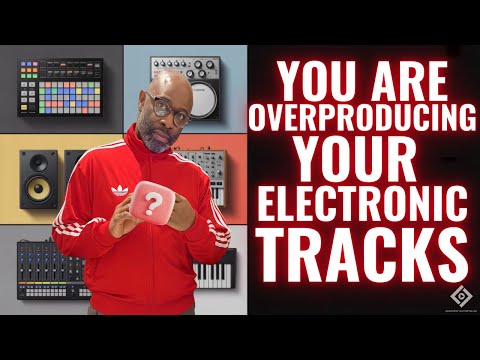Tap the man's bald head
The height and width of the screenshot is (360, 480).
click(x=164, y=83)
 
